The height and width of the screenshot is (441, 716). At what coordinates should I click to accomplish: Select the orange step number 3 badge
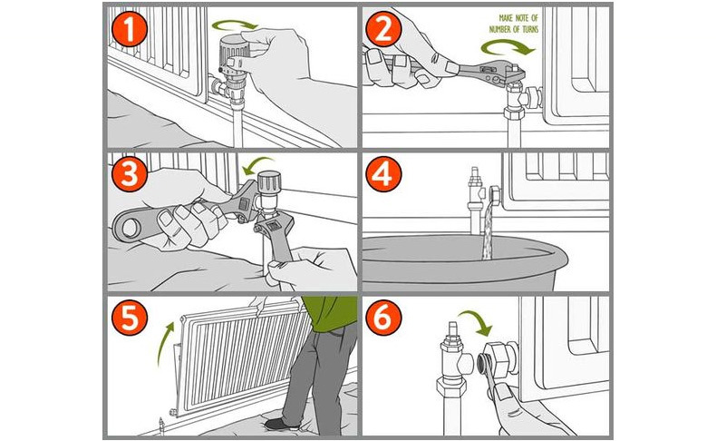click(129, 173)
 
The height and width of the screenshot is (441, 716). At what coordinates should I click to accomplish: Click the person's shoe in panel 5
click(283, 423)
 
